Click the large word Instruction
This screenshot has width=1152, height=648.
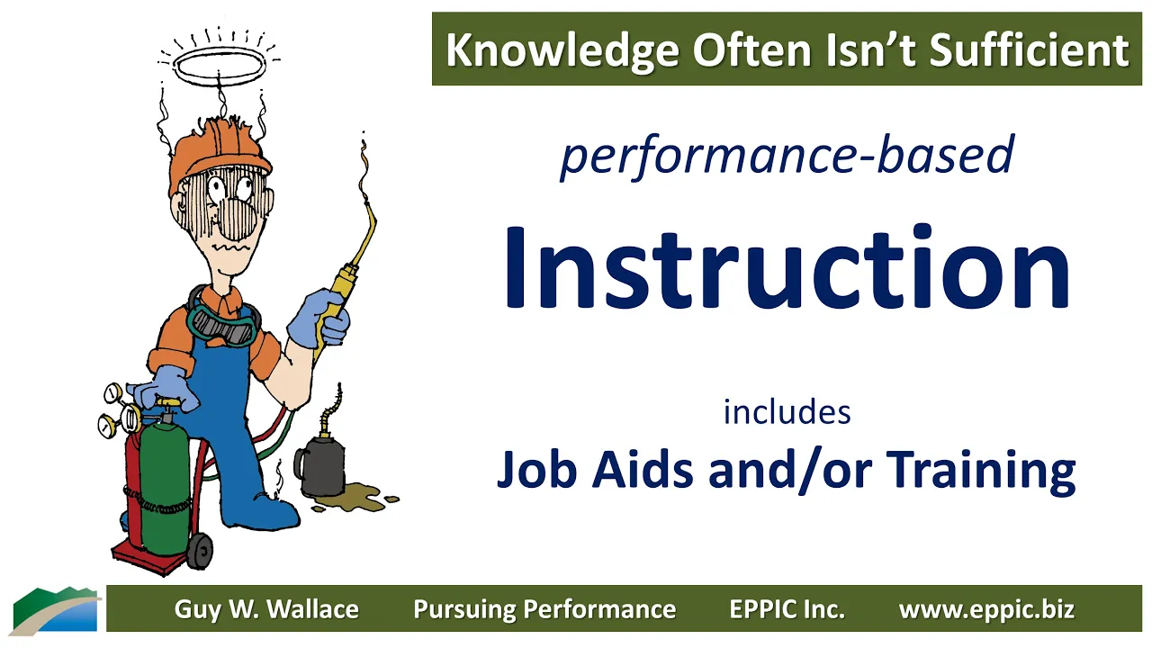pyautogui.click(x=787, y=266)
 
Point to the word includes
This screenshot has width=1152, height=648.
pyautogui.click(x=787, y=412)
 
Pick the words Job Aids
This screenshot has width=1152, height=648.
pyautogui.click(x=595, y=469)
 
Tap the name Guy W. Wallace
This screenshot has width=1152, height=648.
pyautogui.click(x=266, y=609)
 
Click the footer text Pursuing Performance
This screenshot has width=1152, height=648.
pyautogui.click(x=544, y=609)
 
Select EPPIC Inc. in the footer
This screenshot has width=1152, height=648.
pyautogui.click(x=787, y=609)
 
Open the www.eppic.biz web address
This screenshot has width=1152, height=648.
pyautogui.click(x=986, y=609)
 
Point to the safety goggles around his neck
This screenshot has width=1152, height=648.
pyautogui.click(x=222, y=325)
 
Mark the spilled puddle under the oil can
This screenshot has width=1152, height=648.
pyautogui.click(x=355, y=498)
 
